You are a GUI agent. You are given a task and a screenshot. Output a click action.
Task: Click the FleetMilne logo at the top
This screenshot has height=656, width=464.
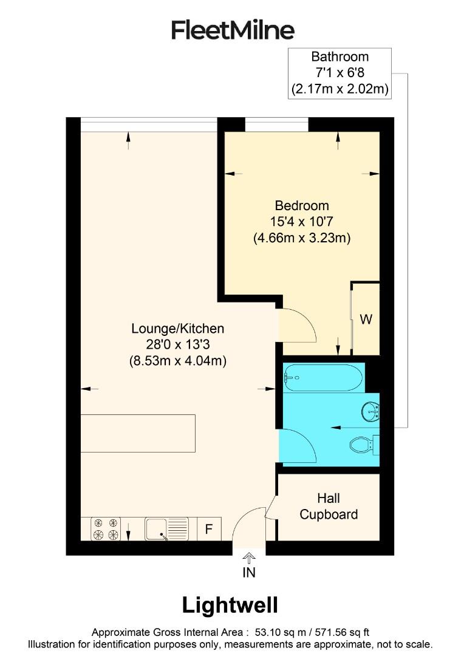[x=232, y=30]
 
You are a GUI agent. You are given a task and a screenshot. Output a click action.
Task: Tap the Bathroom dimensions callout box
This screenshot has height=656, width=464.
[x=339, y=73]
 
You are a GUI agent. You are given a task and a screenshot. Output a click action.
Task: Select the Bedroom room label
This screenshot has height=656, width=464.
[x=302, y=205]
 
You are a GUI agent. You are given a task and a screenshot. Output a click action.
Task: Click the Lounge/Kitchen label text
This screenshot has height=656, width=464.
[x=178, y=329]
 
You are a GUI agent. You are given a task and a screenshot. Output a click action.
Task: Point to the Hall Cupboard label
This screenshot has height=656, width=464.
[x=329, y=507]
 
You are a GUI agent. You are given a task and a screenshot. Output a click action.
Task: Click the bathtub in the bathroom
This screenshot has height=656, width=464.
[x=323, y=377]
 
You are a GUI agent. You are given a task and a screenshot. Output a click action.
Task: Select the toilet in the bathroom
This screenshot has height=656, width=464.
[x=363, y=445]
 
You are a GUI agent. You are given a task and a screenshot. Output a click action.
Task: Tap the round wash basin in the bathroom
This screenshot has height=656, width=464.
[x=370, y=412]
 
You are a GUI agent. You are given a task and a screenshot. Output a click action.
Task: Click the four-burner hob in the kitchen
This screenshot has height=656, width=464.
[x=105, y=528]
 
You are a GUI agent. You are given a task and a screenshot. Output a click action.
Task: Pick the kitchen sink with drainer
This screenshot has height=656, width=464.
[x=167, y=528]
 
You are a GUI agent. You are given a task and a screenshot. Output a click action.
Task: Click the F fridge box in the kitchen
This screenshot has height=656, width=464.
[x=208, y=529]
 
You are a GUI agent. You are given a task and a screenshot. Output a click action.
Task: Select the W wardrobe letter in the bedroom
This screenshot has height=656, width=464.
[x=366, y=319]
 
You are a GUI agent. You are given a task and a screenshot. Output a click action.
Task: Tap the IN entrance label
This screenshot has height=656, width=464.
[x=249, y=572]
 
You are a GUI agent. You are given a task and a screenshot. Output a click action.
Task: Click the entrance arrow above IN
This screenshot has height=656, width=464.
[x=249, y=557]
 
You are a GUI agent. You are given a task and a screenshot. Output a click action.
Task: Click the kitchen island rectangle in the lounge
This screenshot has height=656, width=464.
[x=138, y=433]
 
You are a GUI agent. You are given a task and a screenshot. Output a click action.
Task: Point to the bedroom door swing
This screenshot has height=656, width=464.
[x=296, y=326]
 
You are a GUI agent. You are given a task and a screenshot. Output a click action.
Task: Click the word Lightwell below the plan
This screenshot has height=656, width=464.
[x=230, y=605]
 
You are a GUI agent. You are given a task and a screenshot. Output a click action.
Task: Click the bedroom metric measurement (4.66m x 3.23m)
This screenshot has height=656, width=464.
[x=302, y=238]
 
